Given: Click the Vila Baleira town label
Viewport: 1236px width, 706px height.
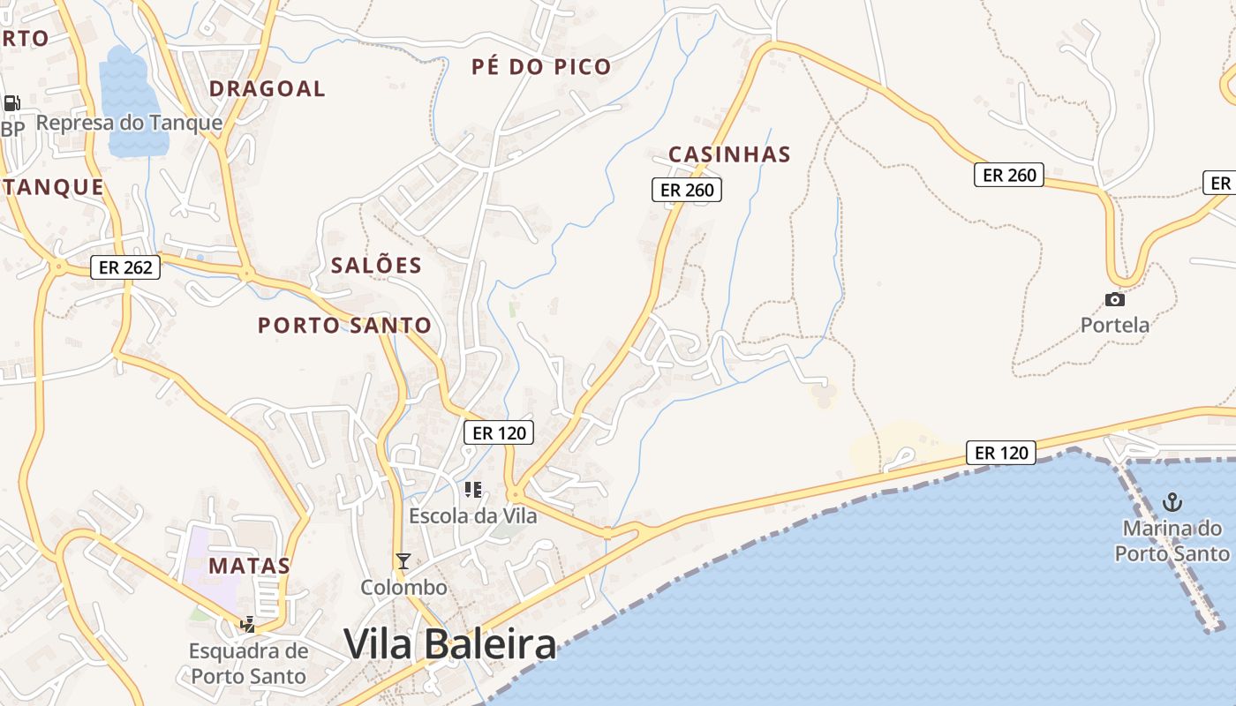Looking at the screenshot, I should click(x=450, y=644).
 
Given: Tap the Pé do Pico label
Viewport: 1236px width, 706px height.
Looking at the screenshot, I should click(x=541, y=67).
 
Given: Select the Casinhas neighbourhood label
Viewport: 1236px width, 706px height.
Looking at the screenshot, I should click(x=729, y=154).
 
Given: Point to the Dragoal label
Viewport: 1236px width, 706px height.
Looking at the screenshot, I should click(x=268, y=89).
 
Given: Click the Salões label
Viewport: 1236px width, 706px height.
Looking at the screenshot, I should click(x=376, y=266).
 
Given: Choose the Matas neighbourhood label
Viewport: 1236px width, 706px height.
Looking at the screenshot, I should click(x=250, y=566).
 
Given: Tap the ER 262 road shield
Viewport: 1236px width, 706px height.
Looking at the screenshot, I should click(x=126, y=267).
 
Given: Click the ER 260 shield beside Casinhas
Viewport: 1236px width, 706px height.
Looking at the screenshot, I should click(x=687, y=189).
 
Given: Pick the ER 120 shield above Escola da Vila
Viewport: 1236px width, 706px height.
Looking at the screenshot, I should click(x=499, y=432).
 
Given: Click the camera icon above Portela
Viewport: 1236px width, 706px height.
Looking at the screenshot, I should click(x=1115, y=300).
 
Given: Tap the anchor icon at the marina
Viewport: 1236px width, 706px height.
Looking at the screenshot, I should click(x=1172, y=503).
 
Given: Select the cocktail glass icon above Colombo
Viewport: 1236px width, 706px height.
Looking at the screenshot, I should click(x=403, y=560).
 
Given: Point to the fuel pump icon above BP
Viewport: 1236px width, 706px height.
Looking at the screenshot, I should click(x=11, y=103).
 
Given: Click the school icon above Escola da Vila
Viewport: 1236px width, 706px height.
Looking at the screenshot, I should click(x=473, y=489).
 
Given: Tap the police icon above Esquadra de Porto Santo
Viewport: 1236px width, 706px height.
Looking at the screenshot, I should click(x=248, y=625).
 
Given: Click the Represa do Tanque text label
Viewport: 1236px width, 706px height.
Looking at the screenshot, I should click(x=129, y=123).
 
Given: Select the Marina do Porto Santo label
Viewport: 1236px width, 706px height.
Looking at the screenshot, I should click(x=1172, y=541).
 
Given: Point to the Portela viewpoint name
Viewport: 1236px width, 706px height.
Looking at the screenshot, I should click(x=1115, y=325).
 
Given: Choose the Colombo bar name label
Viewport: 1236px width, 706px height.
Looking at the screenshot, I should click(x=403, y=587).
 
